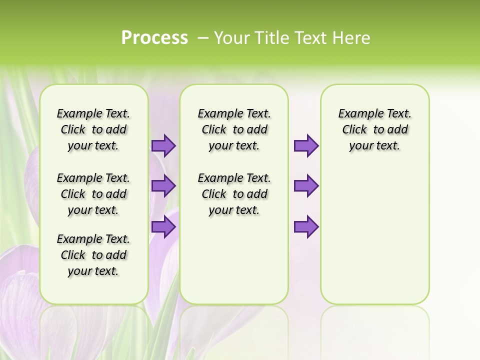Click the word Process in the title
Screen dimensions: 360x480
tap(154, 38)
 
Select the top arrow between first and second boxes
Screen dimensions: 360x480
tap(163, 145)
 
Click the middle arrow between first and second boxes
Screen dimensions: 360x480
tap(163, 186)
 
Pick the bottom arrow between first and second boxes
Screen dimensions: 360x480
tap(163, 227)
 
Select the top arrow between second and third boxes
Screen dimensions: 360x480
tap(306, 145)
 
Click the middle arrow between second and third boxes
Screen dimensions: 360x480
tap(306, 186)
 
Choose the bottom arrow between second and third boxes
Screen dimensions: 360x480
tap(306, 227)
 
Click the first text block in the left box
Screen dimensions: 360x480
tap(93, 129)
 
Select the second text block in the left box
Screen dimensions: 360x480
tap(93, 194)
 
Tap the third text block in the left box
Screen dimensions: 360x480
tap(93, 255)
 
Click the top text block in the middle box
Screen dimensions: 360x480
tap(234, 129)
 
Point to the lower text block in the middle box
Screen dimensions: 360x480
tap(234, 194)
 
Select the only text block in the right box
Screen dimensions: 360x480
tap(374, 129)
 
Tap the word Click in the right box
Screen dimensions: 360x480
tap(354, 130)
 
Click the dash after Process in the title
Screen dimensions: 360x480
tap(203, 38)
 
